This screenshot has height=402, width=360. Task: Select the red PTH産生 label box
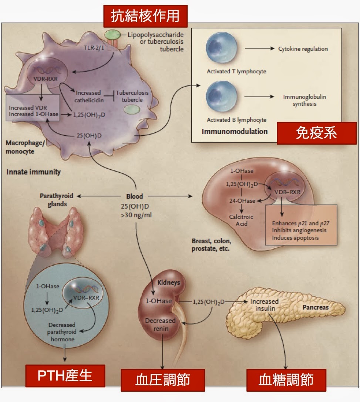coord(65,376)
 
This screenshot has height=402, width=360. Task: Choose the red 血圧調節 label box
coord(163,379)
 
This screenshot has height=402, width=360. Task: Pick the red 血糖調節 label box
coord(286,379)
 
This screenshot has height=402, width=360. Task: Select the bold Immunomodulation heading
coord(235,131)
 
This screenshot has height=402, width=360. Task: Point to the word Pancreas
coord(316,307)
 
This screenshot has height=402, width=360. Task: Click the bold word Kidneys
coord(168,283)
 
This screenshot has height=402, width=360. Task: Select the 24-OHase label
coord(242,200)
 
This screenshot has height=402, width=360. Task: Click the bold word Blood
coord(134,196)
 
